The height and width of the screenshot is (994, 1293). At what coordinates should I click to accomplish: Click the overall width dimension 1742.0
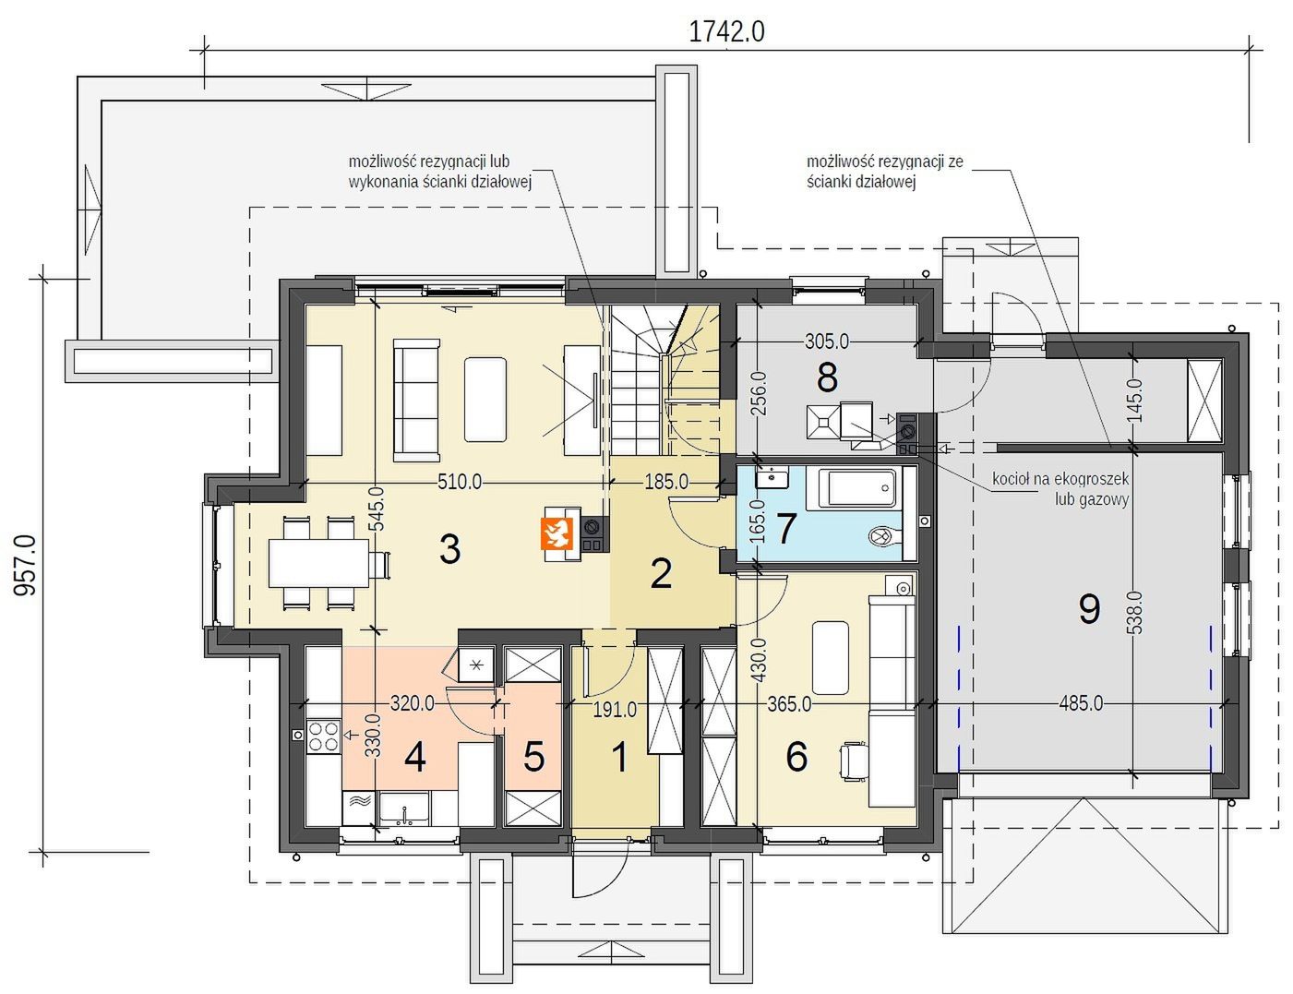pyautogui.click(x=726, y=31)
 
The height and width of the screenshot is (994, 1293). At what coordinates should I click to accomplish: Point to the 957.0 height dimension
pyautogui.click(x=25, y=565)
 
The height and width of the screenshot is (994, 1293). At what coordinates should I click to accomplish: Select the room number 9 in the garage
pyautogui.click(x=1090, y=609)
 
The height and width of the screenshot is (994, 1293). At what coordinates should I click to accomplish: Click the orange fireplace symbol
pyautogui.click(x=557, y=533)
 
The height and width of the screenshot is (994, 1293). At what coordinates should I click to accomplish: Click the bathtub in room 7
pyautogui.click(x=857, y=488)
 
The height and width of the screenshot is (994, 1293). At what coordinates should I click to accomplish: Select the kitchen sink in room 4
pyautogui.click(x=404, y=809)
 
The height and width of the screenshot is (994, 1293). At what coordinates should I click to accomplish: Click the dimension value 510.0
pyautogui.click(x=460, y=481)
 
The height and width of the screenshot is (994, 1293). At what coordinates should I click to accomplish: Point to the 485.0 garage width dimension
pyautogui.click(x=1081, y=703)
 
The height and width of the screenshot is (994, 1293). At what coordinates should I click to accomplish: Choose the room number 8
pyautogui.click(x=827, y=377)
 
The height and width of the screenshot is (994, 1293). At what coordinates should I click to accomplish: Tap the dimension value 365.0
pyautogui.click(x=789, y=704)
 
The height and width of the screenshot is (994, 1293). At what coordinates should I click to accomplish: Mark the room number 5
pyautogui.click(x=533, y=757)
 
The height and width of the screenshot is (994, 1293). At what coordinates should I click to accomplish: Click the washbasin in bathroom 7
pyautogui.click(x=772, y=477)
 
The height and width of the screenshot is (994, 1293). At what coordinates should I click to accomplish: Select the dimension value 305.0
pyautogui.click(x=827, y=341)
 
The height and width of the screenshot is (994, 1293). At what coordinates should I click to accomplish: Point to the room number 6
pyautogui.click(x=796, y=757)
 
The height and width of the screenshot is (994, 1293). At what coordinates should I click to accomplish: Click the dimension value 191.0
pyautogui.click(x=615, y=709)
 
